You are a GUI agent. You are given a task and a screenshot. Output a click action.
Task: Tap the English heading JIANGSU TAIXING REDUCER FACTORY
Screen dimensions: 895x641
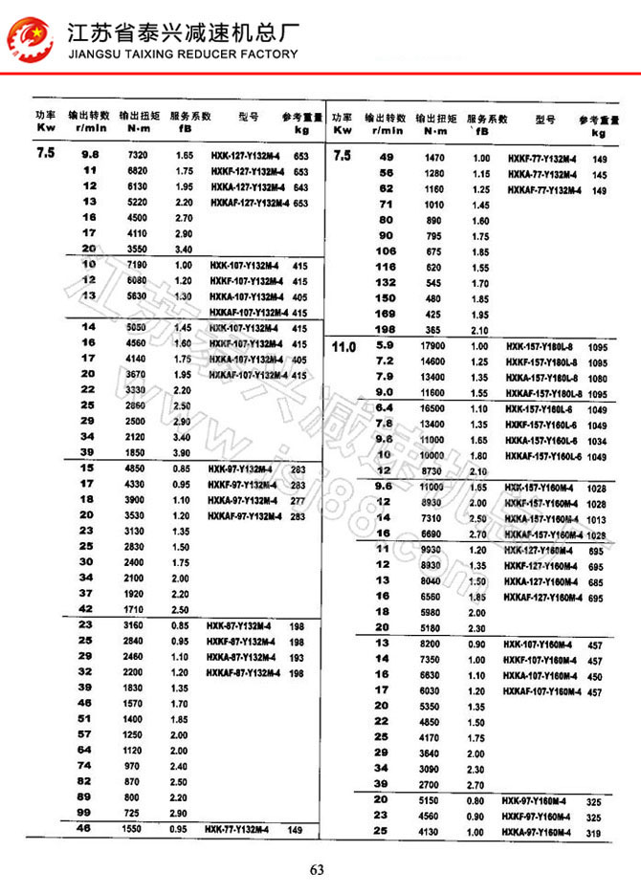click(x=183, y=55)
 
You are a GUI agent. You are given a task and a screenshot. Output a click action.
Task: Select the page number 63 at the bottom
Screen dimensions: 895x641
click(x=319, y=869)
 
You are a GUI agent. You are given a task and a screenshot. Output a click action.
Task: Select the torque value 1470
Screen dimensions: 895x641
click(x=435, y=158)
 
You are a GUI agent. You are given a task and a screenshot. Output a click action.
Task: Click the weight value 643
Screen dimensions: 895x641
click(x=300, y=186)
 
